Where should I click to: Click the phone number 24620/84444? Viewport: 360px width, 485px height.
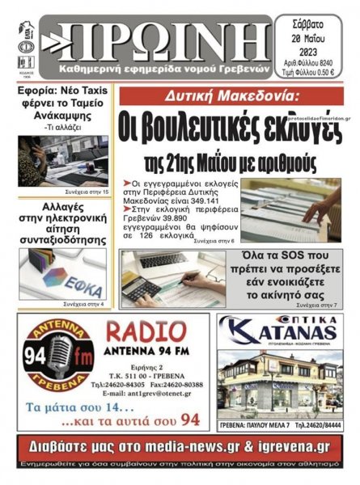click(320, 424)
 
